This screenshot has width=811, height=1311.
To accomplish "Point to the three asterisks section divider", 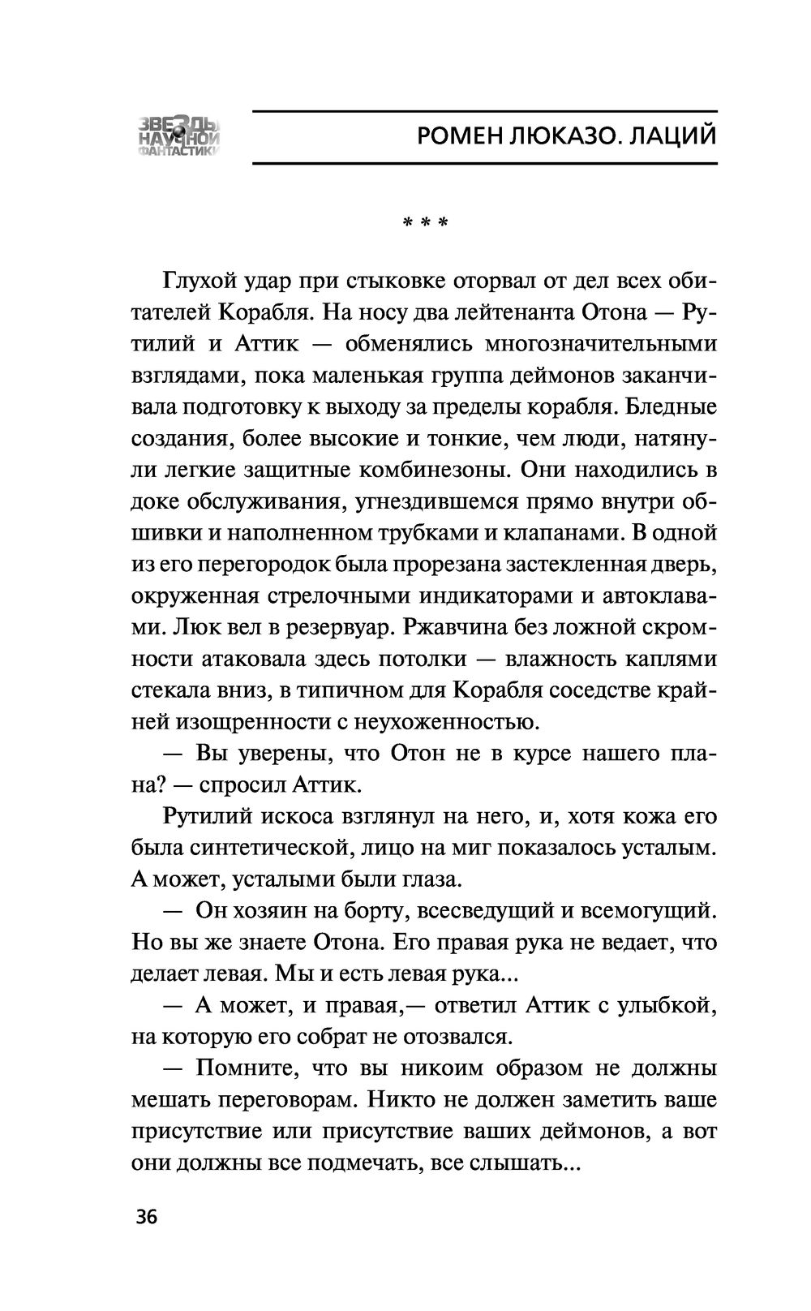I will point(426,221).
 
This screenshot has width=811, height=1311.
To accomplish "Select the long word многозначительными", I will point(601,343).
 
